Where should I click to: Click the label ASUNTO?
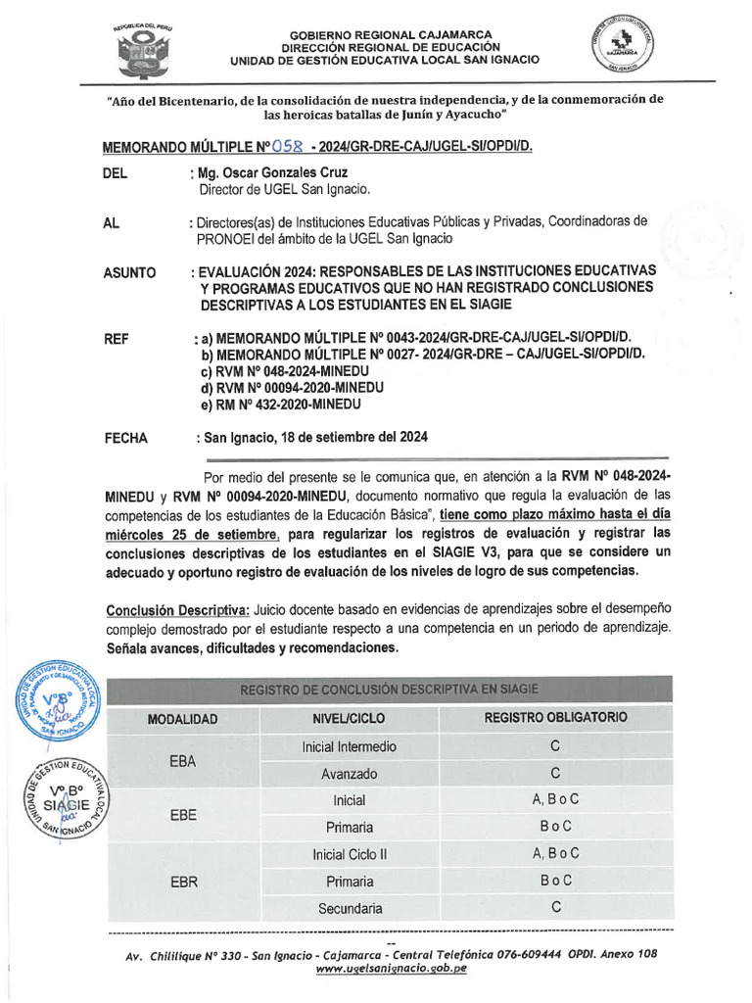pyautogui.click(x=129, y=272)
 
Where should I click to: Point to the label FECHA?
pyautogui.click(x=125, y=438)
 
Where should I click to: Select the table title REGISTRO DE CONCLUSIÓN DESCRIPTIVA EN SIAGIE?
pyautogui.click(x=389, y=690)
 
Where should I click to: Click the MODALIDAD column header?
pyautogui.click(x=182, y=719)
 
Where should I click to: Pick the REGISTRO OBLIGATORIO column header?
pyautogui.click(x=555, y=718)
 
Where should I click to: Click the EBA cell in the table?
pyautogui.click(x=183, y=760)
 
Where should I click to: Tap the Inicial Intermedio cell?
pyautogui.click(x=350, y=746)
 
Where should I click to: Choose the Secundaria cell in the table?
pyautogui.click(x=350, y=908)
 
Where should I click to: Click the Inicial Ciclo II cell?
pyautogui.click(x=350, y=854)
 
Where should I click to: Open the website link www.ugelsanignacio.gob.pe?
pyautogui.click(x=391, y=969)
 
